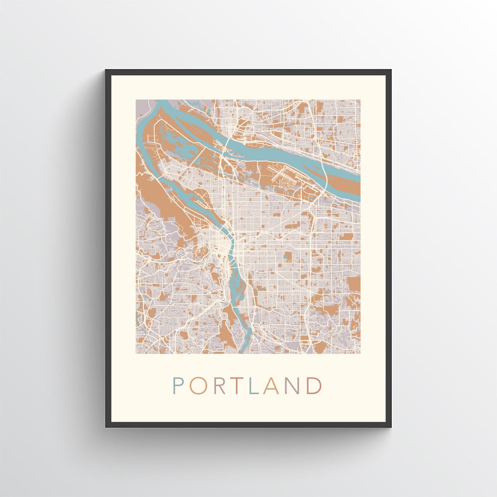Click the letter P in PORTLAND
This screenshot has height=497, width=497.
point(178,385)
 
